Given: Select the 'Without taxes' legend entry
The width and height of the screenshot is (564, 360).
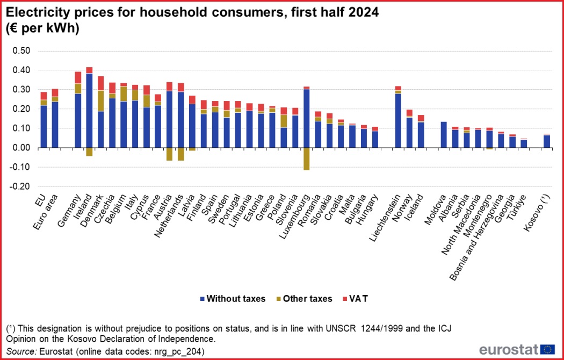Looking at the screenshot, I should click(x=232, y=299).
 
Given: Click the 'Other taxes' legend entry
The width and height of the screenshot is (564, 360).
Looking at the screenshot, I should click(x=303, y=299).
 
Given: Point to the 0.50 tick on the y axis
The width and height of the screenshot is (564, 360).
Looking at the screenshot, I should click(x=22, y=51).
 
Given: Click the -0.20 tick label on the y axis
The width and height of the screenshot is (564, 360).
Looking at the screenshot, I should click(x=21, y=186).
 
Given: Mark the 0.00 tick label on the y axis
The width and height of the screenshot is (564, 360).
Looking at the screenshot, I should click(x=22, y=148).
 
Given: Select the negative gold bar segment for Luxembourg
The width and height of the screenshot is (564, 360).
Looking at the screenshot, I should click(x=306, y=159).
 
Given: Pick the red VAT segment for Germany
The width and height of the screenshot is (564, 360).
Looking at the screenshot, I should click(x=78, y=77).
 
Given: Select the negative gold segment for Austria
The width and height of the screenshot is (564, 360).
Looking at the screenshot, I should click(x=169, y=154).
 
